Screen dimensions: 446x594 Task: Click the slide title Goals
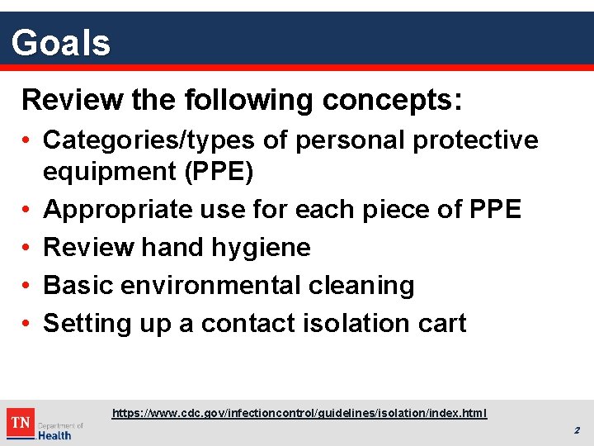tap(61, 42)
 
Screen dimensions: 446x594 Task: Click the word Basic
tap(78, 285)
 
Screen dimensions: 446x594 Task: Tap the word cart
tap(442, 323)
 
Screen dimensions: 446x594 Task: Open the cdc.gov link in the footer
tap(299, 412)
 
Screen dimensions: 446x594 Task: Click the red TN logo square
tap(21, 423)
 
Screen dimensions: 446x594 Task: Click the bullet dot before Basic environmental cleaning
tap(27, 286)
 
